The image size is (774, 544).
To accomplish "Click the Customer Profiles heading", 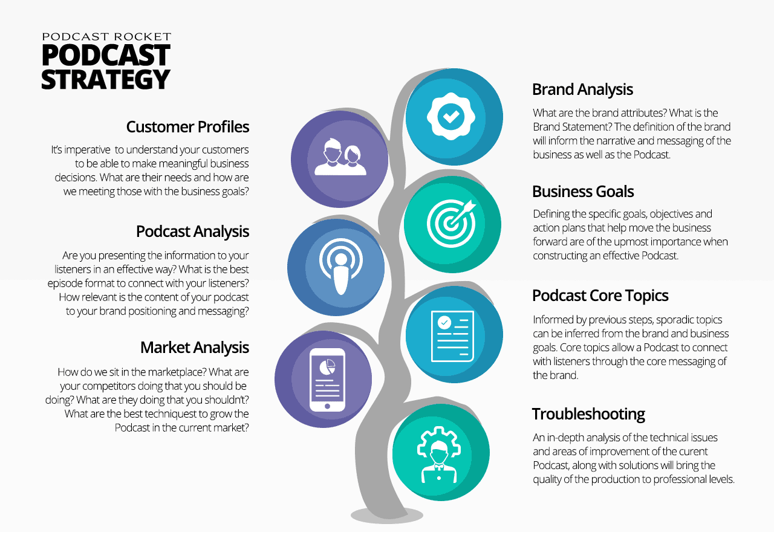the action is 187,127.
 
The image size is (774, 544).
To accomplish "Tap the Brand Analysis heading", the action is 582,89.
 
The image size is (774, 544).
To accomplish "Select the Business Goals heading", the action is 583,192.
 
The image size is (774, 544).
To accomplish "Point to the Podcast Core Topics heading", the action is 600,296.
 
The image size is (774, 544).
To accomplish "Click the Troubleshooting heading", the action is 588,414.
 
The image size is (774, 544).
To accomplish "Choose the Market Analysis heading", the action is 195,348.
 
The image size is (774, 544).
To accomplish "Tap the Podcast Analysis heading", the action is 192,232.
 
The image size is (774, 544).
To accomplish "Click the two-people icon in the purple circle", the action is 340,157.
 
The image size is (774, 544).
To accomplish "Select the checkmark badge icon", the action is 451,117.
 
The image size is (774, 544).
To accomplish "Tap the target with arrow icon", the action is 451,223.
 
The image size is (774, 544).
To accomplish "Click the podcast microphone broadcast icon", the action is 340,267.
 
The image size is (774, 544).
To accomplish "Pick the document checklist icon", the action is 452,336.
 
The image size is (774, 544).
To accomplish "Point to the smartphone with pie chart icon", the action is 327,380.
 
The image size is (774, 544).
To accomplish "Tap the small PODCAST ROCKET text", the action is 106,37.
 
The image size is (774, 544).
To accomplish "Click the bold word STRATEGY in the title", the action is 106,79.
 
